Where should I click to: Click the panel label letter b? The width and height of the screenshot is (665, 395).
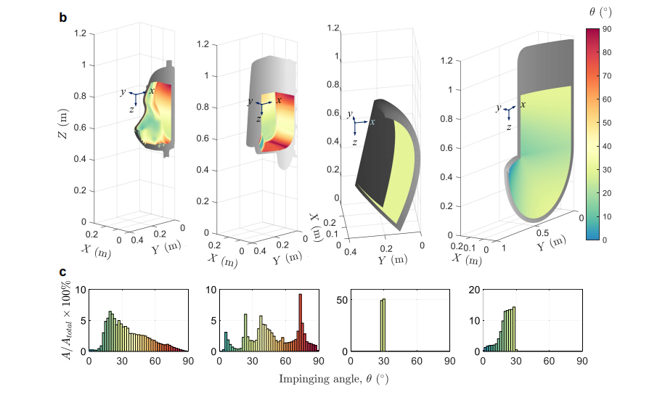pos(62,18)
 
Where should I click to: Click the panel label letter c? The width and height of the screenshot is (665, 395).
pos(62,272)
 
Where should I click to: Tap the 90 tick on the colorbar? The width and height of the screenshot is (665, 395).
pos(606,29)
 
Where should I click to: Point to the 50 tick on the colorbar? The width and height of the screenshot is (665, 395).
pos(606,123)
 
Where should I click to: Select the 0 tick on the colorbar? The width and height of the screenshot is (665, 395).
pos(604,240)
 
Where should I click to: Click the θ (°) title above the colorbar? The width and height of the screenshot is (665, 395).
pos(600,12)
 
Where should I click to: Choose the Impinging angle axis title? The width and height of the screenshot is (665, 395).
pos(333,378)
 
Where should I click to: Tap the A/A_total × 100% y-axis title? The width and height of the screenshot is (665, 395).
pos(67,320)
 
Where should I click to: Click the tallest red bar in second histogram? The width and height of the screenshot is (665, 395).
pos(301,322)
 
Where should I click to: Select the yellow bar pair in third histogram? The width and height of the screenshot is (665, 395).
pos(383,325)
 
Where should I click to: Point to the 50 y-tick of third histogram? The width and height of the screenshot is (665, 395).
pos(342,300)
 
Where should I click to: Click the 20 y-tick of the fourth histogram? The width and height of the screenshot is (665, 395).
pos(474,290)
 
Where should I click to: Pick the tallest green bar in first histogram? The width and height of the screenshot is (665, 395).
pos(110,331)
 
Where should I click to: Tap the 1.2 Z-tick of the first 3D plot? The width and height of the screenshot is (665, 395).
pos(80,33)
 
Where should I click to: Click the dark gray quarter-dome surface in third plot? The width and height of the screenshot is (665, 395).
pos(375,157)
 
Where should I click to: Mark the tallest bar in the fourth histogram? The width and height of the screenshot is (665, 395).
pos(514,329)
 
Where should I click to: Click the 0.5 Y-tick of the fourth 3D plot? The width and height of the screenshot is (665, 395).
pos(542,233)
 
